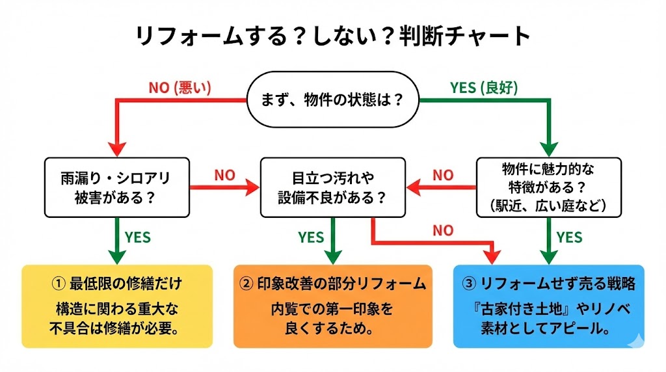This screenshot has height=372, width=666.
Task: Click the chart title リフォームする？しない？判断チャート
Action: (333, 35)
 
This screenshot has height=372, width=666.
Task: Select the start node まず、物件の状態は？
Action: (332, 100)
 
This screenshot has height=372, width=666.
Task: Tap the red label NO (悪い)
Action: (180, 88)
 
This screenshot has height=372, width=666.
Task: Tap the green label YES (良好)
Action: (484, 88)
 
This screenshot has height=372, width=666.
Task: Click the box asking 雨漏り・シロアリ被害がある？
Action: (117, 187)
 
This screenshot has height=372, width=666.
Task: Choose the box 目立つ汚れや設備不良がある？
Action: (333, 187)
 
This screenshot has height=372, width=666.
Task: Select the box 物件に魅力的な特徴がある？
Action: (549, 187)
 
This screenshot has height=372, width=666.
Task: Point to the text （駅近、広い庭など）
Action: (549, 206)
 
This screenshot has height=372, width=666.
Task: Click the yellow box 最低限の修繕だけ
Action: (117, 306)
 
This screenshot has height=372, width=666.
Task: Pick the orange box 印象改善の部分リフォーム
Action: (333, 306)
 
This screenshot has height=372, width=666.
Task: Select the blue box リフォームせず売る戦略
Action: (549, 306)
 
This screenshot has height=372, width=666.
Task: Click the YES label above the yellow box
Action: (137, 237)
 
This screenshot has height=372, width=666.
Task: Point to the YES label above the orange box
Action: (311, 237)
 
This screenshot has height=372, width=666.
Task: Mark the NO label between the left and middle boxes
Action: (224, 176)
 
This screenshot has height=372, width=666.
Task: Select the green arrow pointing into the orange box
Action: (333, 244)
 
